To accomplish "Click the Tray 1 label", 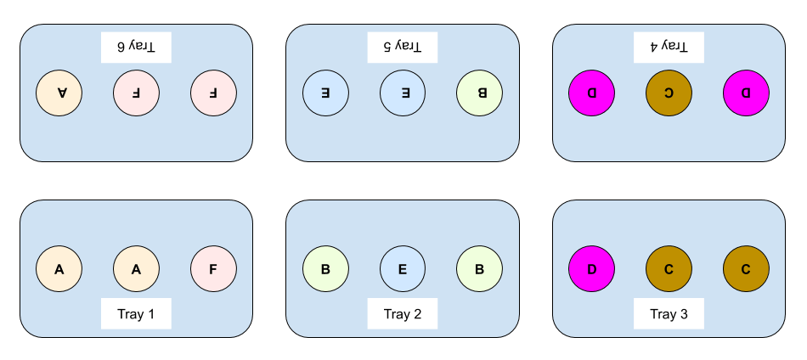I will [136, 314].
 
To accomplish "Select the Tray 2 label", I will [403, 314].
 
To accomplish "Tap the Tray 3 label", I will [669, 314].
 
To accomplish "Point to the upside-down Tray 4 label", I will [669, 47].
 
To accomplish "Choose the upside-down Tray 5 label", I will [403, 47].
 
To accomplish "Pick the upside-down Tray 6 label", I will [136, 47].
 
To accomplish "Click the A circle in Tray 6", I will [59, 93].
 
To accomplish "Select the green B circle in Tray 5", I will [479, 93].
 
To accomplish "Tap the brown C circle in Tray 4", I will [669, 93].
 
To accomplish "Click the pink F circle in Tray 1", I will [213, 269].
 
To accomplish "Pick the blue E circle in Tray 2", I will [403, 269].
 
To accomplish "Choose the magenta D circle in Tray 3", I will [591, 269].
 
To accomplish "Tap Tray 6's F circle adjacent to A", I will [136, 93].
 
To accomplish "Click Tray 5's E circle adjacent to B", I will [403, 93].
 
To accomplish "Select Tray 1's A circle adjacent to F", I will [136, 269].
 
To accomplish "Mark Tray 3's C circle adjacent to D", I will [669, 269].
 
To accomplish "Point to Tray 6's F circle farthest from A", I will [213, 93].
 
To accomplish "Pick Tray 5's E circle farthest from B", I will [325, 93].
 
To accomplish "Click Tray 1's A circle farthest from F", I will [59, 269].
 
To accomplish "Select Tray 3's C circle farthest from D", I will [746, 269].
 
